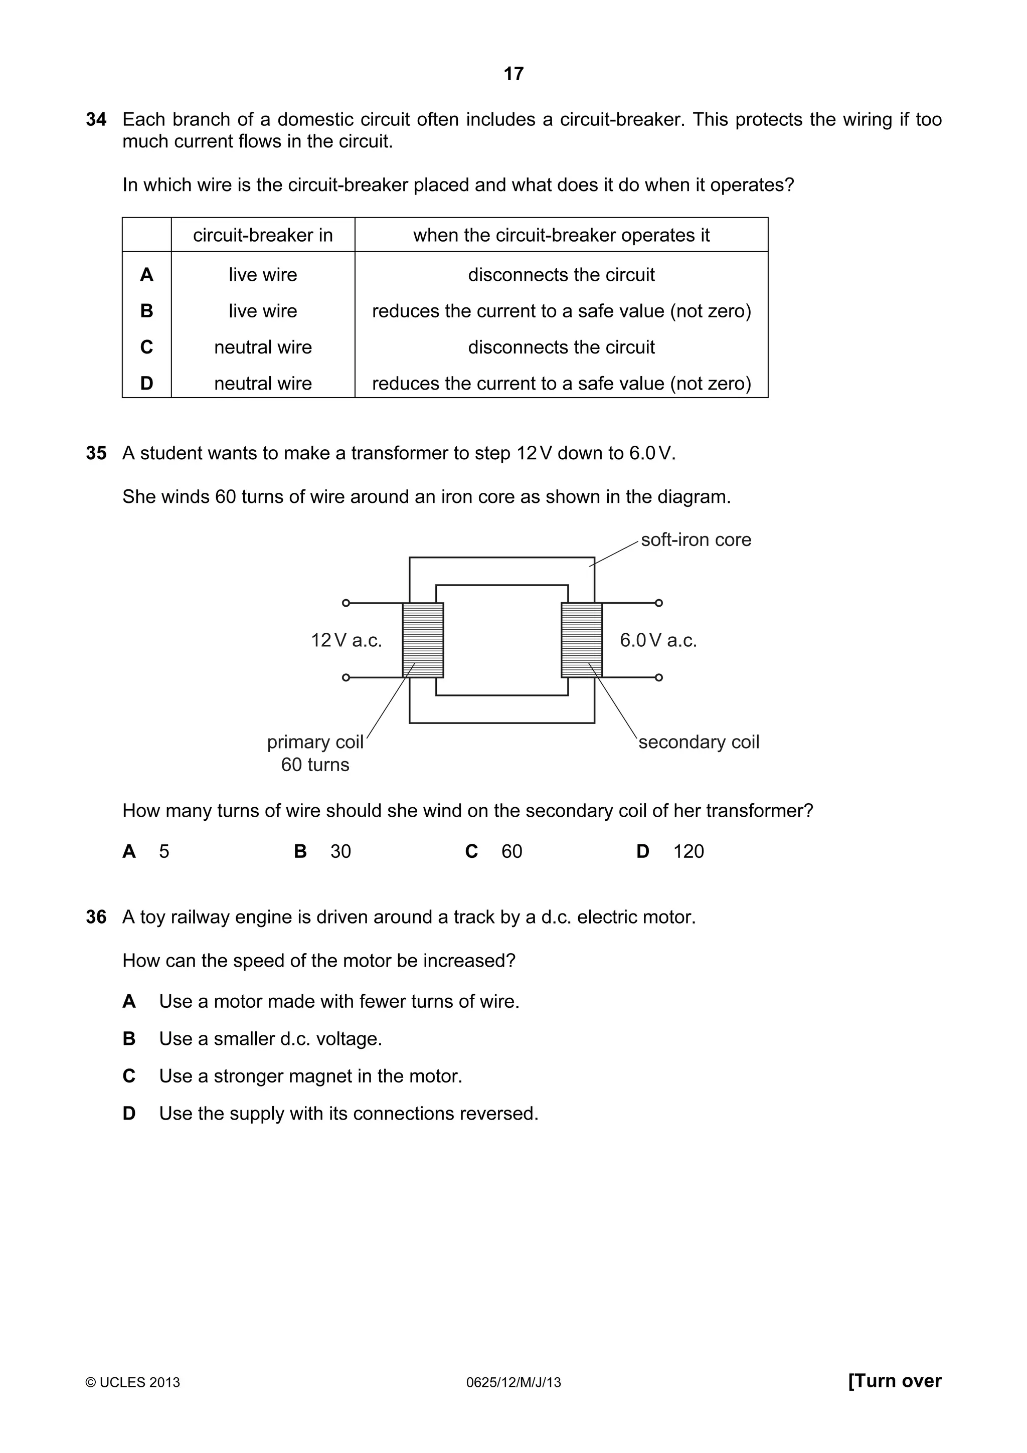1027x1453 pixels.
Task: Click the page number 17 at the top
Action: tap(513, 74)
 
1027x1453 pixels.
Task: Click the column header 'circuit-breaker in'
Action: tap(263, 236)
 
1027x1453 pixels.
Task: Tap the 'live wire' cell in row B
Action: tap(263, 311)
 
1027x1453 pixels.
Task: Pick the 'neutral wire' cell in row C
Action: tap(263, 347)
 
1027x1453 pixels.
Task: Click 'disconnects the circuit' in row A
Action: tap(561, 275)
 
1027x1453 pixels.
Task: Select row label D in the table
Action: tap(146, 383)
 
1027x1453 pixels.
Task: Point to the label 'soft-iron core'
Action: tap(696, 540)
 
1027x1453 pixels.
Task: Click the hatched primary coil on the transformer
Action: tap(423, 640)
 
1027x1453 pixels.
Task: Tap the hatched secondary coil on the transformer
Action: tap(582, 640)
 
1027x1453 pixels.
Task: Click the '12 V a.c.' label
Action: tap(346, 640)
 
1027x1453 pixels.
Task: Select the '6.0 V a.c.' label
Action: tap(658, 640)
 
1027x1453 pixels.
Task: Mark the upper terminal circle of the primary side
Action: tap(346, 603)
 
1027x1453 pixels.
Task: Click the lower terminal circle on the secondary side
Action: tap(659, 677)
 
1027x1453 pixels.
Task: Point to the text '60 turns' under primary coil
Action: tap(315, 765)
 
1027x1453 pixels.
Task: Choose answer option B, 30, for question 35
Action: tap(340, 851)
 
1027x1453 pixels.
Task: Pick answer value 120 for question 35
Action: tap(688, 851)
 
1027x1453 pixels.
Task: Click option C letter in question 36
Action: tap(129, 1076)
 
